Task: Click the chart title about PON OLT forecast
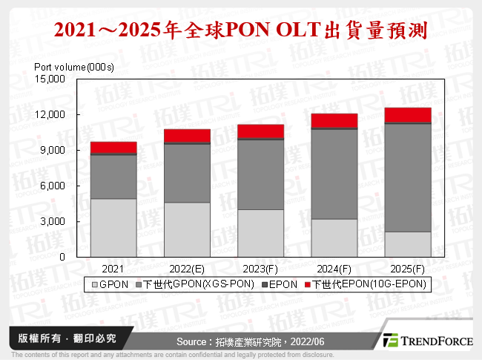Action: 241,30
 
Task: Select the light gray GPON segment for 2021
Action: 113,228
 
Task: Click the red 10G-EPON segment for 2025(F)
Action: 408,114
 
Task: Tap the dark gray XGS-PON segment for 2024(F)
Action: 334,174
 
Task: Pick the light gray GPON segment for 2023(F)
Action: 261,233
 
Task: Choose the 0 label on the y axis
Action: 64,257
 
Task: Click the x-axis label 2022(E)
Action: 187,268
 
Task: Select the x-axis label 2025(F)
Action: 408,268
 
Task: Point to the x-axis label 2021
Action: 113,268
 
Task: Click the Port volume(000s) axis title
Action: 74,67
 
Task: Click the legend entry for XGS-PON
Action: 197,284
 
